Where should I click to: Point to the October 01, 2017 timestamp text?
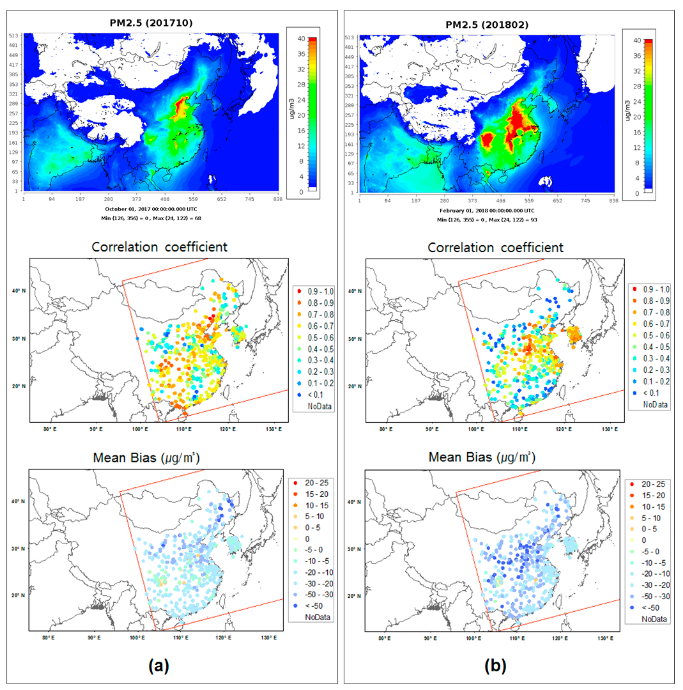(x=151, y=209)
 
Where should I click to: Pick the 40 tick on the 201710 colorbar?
(x=301, y=38)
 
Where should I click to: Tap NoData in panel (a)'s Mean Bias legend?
(x=317, y=617)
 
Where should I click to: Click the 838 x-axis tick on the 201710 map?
(x=278, y=199)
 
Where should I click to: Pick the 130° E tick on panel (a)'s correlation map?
(x=273, y=429)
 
